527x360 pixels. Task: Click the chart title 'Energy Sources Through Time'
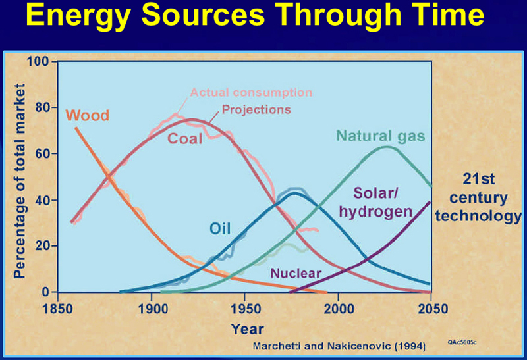pos(255,15)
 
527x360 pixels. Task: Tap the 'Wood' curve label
pos(88,116)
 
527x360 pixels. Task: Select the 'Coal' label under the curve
pos(185,139)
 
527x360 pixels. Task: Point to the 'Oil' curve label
pos(220,228)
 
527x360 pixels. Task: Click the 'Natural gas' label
pos(381,137)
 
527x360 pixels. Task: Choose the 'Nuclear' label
pos(296,273)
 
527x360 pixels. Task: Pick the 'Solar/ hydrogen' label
pos(375,203)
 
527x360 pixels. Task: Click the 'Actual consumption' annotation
pos(251,92)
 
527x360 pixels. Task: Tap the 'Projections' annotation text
pos(256,109)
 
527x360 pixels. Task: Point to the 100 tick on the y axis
pos(38,61)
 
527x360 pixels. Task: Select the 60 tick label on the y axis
pos(42,154)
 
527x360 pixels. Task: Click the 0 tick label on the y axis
pos(45,292)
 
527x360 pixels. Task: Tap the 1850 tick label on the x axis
pos(57,309)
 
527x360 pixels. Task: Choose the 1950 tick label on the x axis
pos(245,309)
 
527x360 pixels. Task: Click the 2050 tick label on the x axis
pos(433,309)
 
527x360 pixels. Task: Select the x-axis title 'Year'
pos(248,329)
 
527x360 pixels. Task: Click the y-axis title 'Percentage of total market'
pos(20,182)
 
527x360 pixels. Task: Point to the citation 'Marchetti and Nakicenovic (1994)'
pos(339,346)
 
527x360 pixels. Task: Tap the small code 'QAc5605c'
pos(462,342)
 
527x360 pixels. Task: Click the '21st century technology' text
pos(478,197)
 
